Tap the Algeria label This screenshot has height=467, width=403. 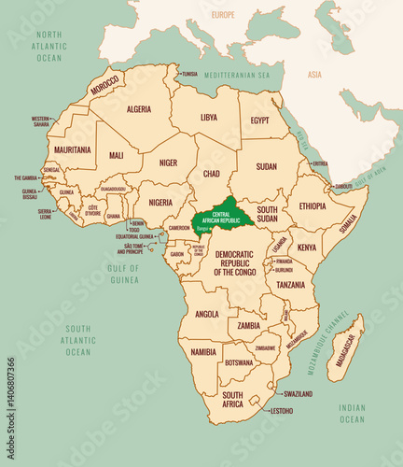click(138, 108)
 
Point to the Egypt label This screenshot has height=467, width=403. click(260, 120)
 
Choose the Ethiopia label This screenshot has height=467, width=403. click(313, 206)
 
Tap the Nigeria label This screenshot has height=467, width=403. click(160, 202)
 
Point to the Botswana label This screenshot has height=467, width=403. click(240, 362)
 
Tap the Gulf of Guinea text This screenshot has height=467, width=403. click(124, 274)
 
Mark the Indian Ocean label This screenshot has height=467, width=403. click(352, 413)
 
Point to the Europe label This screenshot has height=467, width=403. click(223, 16)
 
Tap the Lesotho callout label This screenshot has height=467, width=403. click(282, 411)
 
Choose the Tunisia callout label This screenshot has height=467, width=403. click(189, 74)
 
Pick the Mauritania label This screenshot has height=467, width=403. click(73, 149)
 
